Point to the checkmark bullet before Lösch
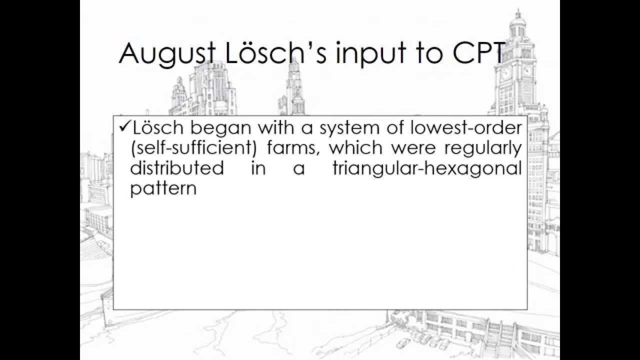pos(124,127)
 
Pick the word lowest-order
pos(470,128)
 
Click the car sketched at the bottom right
pos(402,343)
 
